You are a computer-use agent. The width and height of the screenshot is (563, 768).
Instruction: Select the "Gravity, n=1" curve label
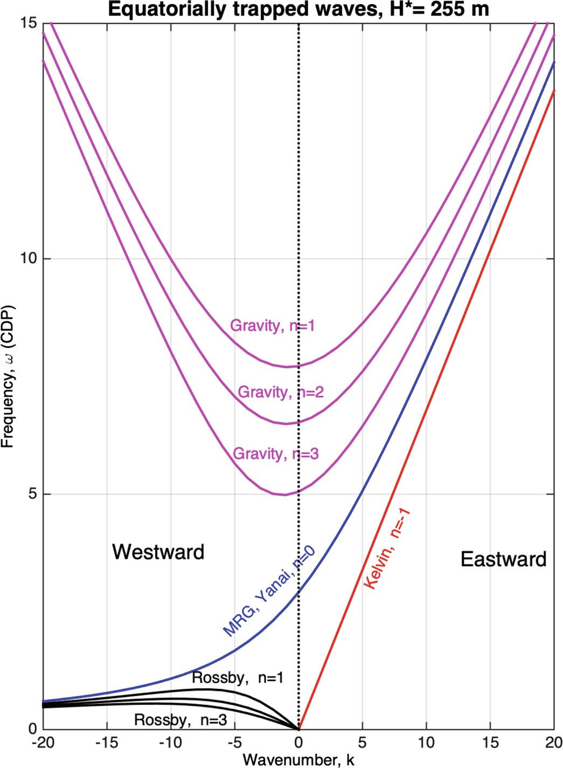click(x=272, y=326)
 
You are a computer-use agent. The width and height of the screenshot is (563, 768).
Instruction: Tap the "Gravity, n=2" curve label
click(x=281, y=392)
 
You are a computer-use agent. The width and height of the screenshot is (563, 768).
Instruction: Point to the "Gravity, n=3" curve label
click(x=275, y=454)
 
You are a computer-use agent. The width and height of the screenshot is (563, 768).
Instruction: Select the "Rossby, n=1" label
click(x=238, y=678)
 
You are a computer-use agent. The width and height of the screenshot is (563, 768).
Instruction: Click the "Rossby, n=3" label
click(x=180, y=719)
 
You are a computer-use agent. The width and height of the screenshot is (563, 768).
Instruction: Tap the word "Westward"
click(x=158, y=552)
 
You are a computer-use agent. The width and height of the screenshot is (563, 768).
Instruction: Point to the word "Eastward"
click(x=503, y=559)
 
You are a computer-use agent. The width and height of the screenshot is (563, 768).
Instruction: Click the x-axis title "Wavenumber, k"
click(x=298, y=760)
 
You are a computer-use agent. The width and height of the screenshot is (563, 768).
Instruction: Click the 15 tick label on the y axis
click(x=28, y=23)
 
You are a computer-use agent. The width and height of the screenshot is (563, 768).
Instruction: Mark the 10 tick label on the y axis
click(x=28, y=258)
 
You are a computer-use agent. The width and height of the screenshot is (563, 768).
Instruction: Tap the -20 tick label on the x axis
click(x=43, y=743)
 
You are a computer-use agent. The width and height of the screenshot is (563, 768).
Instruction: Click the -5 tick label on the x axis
click(x=234, y=743)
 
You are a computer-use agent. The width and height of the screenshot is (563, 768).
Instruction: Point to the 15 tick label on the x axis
click(x=490, y=743)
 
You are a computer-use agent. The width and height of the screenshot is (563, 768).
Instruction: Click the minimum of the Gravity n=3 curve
click(x=286, y=495)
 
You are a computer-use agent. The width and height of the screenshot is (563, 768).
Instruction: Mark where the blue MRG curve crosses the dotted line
click(x=299, y=592)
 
